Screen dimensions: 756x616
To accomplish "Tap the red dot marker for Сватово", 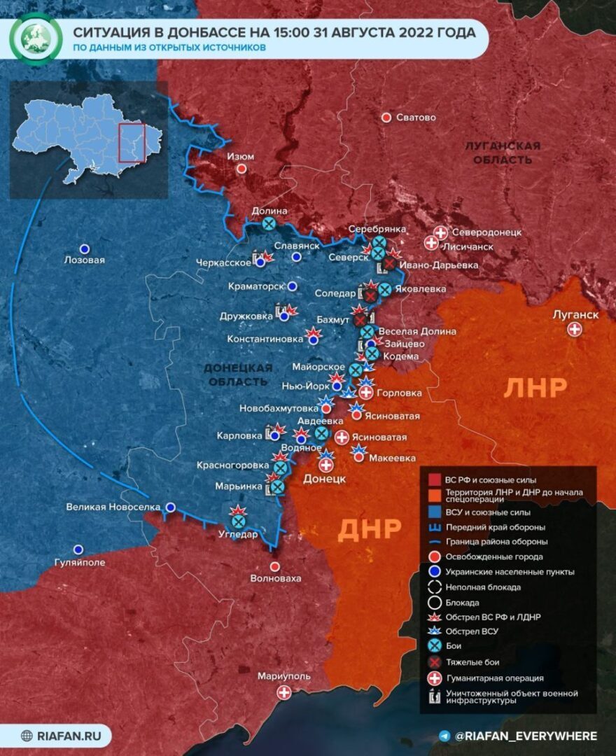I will point(386,118).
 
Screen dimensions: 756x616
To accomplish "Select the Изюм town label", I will point(241,157).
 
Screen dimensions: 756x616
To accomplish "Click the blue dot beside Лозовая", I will point(85,248).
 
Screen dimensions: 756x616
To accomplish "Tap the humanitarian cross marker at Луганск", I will point(575,329).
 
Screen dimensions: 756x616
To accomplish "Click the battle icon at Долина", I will point(269,224).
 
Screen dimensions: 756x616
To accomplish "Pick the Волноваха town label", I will point(275,578).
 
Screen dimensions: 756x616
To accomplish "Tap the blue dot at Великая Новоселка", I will point(170,507).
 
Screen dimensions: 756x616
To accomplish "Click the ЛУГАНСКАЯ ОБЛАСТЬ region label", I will point(502,153).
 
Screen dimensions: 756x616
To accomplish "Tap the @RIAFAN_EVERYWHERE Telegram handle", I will point(526,736).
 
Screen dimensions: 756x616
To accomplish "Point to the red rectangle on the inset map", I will point(132,143).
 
